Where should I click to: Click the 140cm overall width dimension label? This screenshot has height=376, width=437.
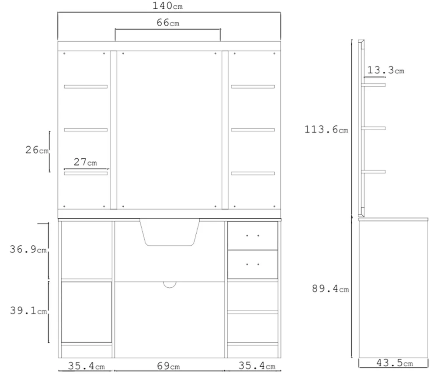point(167,6)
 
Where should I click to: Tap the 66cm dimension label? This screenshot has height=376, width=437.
point(168,23)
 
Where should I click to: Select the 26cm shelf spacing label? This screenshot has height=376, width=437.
point(37,150)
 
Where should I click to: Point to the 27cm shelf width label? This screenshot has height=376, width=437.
point(85,162)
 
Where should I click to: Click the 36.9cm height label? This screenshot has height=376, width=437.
point(28,249)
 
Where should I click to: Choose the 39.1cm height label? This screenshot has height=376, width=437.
point(28,310)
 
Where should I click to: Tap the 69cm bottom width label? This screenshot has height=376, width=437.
point(168,366)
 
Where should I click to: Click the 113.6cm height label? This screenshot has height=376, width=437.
point(326,129)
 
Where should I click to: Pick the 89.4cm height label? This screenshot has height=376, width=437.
point(330,289)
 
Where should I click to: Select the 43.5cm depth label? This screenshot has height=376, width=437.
point(395,363)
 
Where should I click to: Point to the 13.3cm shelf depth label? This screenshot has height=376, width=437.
point(386,70)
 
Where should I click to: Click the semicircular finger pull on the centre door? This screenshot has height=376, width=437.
point(170,285)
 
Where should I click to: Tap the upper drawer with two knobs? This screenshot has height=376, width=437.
point(253,236)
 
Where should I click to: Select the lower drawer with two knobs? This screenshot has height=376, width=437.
point(253,265)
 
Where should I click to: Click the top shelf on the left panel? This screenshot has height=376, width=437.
point(86,87)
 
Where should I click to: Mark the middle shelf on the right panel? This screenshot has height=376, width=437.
point(253,130)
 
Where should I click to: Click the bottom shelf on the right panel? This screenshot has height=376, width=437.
point(253,173)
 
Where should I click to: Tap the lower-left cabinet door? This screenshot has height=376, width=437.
point(87,312)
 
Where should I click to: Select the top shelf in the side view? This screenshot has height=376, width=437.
point(374,85)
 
